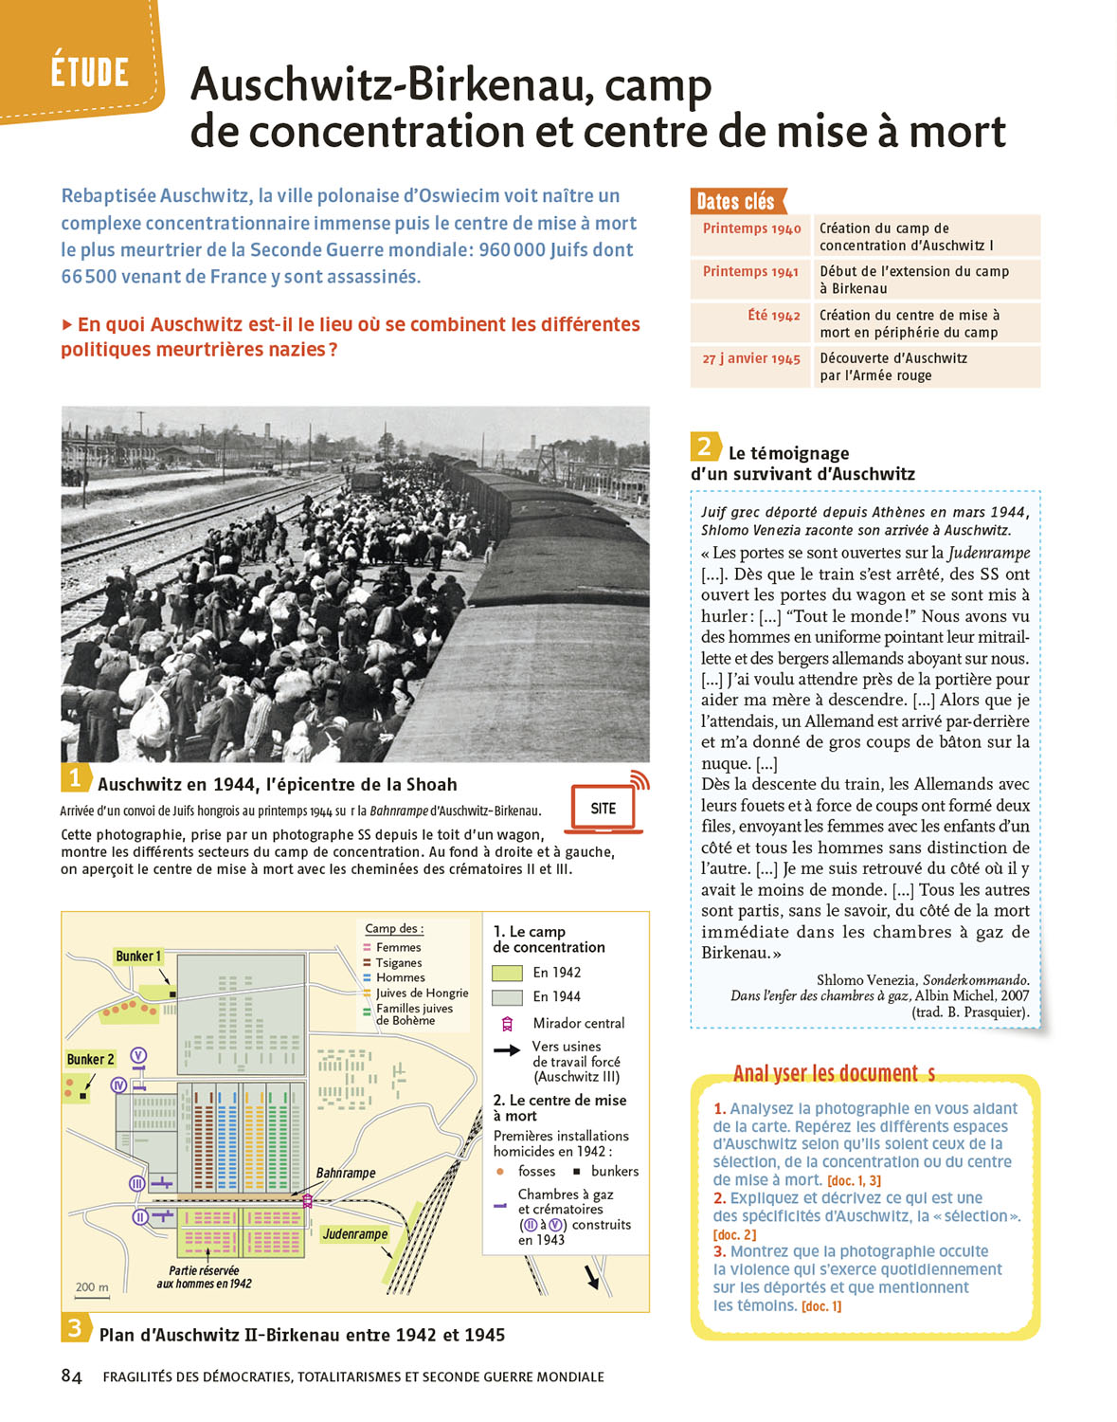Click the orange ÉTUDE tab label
click(90, 72)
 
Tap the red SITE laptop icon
click(604, 809)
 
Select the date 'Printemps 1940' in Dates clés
click(751, 228)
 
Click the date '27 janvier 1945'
click(751, 359)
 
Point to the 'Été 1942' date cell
click(774, 316)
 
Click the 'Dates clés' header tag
click(736, 201)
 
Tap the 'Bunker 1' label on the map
click(138, 957)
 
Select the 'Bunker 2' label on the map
click(90, 1059)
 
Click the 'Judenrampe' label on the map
click(354, 1233)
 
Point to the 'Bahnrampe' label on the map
click(345, 1173)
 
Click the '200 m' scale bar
click(92, 1288)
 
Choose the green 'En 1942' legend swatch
click(507, 973)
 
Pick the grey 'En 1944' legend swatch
click(507, 997)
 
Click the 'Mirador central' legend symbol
click(507, 1024)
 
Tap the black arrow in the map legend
click(507, 1049)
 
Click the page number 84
click(71, 1376)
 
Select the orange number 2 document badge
click(704, 447)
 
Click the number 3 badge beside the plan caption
click(74, 1328)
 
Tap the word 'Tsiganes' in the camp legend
click(399, 962)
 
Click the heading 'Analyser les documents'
click(834, 1073)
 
